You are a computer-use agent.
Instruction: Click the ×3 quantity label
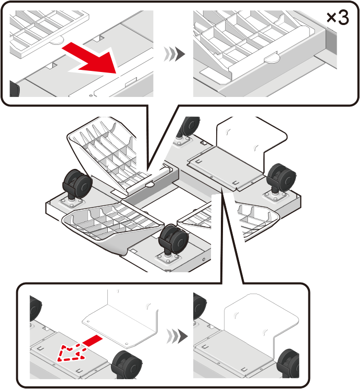[338, 18]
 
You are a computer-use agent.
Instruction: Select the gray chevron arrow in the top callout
[175, 54]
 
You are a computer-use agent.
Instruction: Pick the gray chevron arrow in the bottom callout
[177, 336]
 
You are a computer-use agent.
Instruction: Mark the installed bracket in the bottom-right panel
[260, 320]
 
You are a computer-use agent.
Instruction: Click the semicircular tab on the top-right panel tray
[272, 58]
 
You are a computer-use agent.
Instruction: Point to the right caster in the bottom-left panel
[127, 364]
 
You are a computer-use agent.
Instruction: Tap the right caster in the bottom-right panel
[288, 363]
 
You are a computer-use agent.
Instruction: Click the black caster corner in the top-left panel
[15, 89]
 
